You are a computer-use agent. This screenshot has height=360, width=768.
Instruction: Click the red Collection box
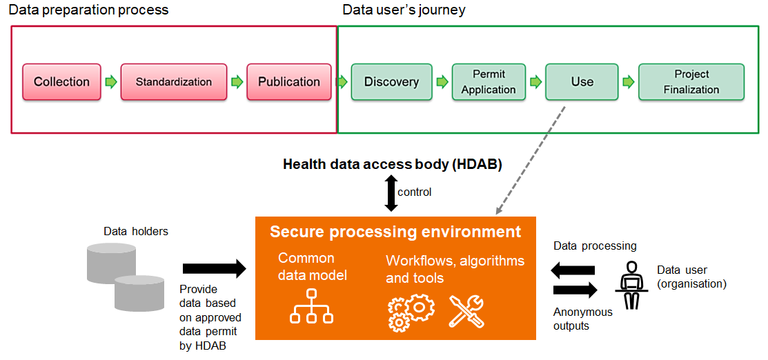click(61, 82)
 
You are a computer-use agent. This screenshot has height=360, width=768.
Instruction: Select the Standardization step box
click(173, 82)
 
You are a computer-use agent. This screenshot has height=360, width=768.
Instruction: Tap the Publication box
click(288, 82)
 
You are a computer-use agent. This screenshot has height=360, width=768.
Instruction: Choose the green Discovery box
click(391, 82)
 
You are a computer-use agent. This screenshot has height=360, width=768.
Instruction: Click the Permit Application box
click(489, 82)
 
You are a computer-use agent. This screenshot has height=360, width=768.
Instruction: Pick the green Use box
click(582, 82)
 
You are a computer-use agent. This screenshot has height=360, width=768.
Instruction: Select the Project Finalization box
click(691, 82)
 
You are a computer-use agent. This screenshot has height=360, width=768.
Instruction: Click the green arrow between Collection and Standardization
click(110, 82)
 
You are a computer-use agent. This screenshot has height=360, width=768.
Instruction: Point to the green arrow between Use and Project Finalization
click(628, 82)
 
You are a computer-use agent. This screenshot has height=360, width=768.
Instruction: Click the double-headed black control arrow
click(391, 192)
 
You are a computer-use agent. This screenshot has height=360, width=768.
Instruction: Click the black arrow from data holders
click(214, 268)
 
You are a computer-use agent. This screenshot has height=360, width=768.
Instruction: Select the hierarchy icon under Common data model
click(311, 306)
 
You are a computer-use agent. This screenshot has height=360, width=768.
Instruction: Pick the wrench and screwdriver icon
click(466, 311)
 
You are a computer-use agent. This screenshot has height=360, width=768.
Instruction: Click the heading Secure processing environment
click(395, 232)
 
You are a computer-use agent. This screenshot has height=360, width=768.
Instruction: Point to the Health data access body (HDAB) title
click(392, 165)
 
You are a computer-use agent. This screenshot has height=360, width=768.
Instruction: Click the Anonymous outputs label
click(582, 319)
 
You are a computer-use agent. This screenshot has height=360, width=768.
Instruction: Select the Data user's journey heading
click(404, 10)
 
